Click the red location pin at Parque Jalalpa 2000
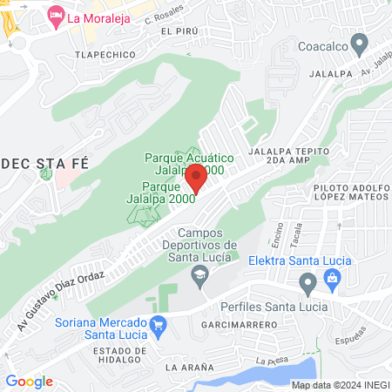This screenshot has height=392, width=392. (196, 179)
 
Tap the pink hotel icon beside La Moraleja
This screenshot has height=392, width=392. (56, 15)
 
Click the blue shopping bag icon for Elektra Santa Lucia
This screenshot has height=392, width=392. (332, 278)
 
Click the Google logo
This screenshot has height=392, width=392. (29, 382)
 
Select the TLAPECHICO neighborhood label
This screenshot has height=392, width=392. (106, 55)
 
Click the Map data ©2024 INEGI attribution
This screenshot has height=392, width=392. (339, 385)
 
